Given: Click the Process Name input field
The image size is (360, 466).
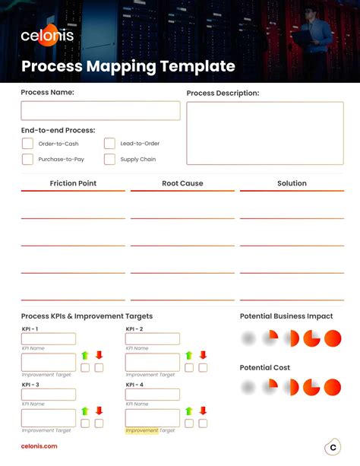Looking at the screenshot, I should [x=100, y=111].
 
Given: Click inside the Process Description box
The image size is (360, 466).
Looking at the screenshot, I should [x=265, y=133].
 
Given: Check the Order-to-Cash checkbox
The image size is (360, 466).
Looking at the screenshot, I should [x=27, y=143].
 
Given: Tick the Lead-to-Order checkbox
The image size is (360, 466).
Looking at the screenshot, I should [x=109, y=143].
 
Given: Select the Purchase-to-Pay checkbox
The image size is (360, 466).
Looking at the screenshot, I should [x=27, y=160].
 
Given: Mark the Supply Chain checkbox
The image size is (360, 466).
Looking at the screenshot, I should [x=109, y=160].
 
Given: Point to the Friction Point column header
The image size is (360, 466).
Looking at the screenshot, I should [x=73, y=183].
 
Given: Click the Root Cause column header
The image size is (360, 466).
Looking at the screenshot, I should [x=182, y=183].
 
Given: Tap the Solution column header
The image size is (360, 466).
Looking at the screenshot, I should [x=292, y=183].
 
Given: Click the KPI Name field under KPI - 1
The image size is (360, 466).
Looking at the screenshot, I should [x=49, y=339].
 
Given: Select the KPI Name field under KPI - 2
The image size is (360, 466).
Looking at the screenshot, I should [x=153, y=339].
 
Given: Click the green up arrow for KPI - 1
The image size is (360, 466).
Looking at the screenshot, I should [x=85, y=355].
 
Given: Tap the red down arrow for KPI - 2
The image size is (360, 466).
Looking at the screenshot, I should [x=203, y=355].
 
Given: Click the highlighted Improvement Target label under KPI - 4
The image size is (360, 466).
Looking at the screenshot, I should [x=142, y=430].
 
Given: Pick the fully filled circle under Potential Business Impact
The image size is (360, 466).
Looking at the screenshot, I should [x=333, y=338].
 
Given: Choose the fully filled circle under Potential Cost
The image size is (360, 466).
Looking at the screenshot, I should [x=333, y=388].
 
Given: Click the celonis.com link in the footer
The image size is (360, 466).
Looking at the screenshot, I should [x=39, y=446].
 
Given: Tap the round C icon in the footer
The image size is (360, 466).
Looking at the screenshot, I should [x=333, y=448].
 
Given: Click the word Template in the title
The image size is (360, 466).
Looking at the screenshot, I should [x=199, y=67].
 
